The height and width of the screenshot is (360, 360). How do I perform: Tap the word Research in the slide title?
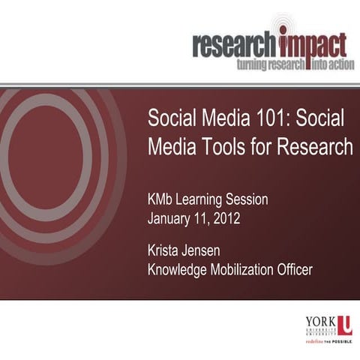tap(315, 147)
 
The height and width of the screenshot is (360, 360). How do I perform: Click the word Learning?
tap(206, 201)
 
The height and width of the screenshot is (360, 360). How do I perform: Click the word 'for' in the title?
tap(259, 147)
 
